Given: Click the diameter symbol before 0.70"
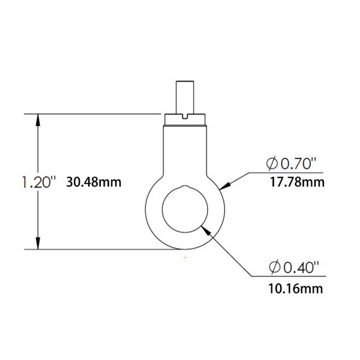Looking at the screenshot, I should click(x=271, y=163).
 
